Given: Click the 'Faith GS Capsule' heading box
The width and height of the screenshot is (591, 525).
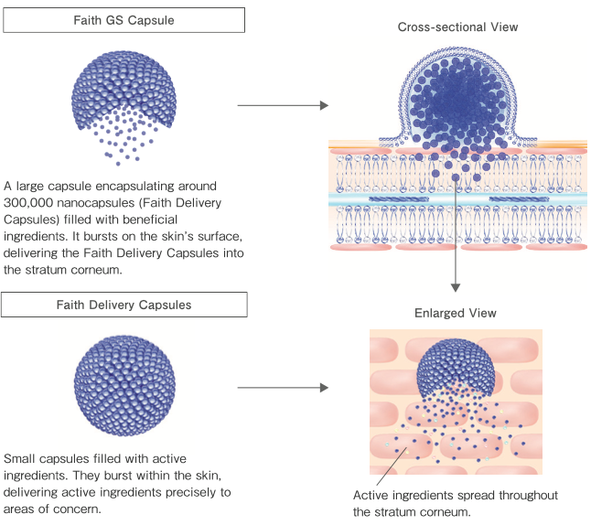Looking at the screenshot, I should click(124, 20).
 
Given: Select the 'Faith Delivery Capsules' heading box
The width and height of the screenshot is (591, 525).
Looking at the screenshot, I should click(124, 305).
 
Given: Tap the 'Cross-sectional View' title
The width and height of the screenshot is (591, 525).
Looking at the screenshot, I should click(457, 27).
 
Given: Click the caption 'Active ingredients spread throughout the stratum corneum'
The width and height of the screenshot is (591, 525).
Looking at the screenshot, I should click(455, 503).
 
